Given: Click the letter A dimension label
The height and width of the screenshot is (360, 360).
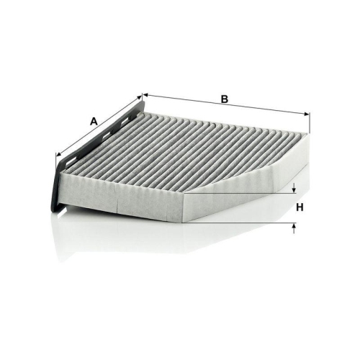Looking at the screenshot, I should point(93,122).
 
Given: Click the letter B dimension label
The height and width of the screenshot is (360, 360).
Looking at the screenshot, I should point(224,99).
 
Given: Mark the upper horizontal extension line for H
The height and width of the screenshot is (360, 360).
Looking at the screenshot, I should point(245,194).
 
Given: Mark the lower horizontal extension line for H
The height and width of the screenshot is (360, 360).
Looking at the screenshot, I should point(245,222).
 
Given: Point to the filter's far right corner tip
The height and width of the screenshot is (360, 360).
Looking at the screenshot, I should point(310,136).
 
